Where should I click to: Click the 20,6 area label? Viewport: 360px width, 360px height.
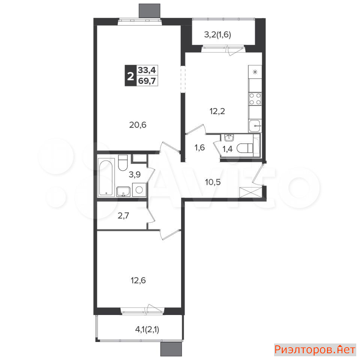[138, 125]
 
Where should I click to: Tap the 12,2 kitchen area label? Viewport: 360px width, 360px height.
[217, 111]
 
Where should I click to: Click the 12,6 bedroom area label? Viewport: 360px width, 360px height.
[138, 280]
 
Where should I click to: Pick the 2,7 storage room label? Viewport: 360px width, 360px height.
[123, 216]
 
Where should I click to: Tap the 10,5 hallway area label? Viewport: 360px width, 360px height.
[213, 182]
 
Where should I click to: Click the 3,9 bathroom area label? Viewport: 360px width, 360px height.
[135, 175]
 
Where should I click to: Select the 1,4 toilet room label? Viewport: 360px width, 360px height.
[228, 149]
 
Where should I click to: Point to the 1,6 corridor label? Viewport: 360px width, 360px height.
[199, 148]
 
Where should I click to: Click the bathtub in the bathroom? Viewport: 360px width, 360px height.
[106, 177]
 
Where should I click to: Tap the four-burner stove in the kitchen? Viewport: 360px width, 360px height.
[255, 99]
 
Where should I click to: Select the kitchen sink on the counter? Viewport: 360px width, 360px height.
[254, 126]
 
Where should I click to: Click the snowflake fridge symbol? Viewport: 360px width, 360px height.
[255, 72]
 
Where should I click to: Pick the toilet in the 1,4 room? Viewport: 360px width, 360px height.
[245, 148]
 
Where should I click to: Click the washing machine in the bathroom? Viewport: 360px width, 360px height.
[139, 190]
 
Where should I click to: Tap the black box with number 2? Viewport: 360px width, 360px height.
[130, 75]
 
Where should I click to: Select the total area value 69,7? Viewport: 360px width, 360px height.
[147, 81]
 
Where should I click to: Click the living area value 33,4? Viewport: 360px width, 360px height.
[147, 70]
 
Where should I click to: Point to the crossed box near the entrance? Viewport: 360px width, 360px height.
[250, 192]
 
